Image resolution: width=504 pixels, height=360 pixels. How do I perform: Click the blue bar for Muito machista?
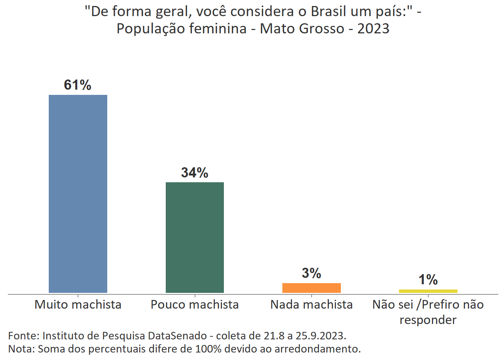click(78, 193)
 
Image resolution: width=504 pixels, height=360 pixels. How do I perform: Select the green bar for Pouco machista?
click(195, 237)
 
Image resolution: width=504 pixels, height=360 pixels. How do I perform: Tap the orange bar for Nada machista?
click(311, 288)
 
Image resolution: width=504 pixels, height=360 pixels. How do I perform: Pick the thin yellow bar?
click(428, 291)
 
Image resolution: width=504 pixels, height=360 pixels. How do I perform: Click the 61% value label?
click(78, 85)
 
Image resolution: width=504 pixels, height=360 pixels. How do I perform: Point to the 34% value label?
click(195, 172)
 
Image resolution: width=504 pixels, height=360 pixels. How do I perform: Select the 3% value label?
click(311, 273)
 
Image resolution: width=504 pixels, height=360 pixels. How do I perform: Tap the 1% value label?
click(428, 280)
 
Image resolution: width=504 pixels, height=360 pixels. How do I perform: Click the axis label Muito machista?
click(78, 304)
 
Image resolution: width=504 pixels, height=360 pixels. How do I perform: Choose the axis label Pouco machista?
click(195, 304)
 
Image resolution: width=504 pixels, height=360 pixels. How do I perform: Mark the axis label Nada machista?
click(311, 304)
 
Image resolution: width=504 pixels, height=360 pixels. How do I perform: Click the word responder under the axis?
click(428, 320)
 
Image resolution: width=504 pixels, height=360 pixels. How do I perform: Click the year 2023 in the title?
click(373, 28)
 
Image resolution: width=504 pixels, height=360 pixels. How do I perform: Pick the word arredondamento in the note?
click(317, 349)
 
